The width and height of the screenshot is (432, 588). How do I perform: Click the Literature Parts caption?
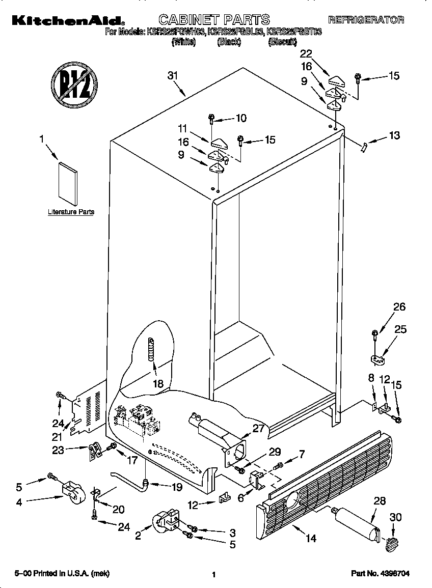click(x=71, y=212)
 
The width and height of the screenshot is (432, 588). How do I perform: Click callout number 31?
click(x=173, y=76)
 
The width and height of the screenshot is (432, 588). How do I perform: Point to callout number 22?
click(x=306, y=53)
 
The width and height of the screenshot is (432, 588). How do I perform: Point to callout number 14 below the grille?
click(x=310, y=538)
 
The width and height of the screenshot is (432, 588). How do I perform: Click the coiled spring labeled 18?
click(x=151, y=350)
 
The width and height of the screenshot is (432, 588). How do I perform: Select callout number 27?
click(x=259, y=428)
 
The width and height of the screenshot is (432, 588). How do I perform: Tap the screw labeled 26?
click(x=375, y=335)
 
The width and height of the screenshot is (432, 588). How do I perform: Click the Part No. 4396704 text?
click(x=380, y=574)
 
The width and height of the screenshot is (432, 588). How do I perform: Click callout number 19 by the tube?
click(x=176, y=487)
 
